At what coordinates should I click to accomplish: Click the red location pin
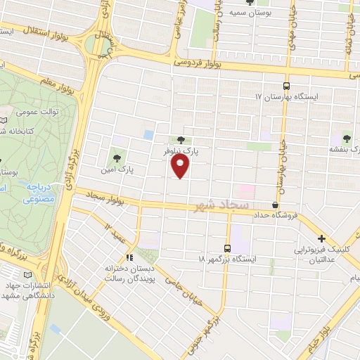tap(181, 166)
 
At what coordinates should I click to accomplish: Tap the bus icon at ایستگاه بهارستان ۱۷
tap(286, 82)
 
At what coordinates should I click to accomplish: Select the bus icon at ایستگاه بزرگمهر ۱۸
tap(226, 247)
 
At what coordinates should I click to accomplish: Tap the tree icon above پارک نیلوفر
tap(181, 141)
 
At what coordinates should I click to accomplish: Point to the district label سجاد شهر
tap(218, 205)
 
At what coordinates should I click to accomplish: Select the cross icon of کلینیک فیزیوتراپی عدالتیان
tap(322, 239)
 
